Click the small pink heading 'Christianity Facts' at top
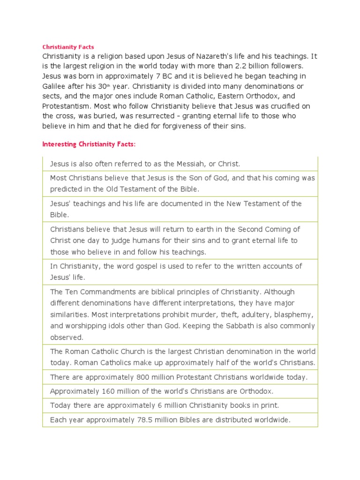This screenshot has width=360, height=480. coord(68,47)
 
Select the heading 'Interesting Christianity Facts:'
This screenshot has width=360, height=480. coord(89,144)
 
